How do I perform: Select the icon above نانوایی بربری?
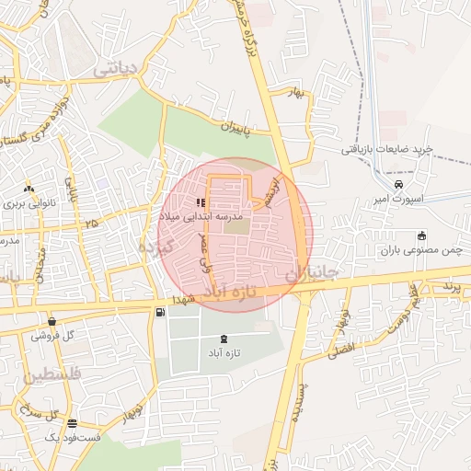tap(29, 187)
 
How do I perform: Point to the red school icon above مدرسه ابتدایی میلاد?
tap(201, 201)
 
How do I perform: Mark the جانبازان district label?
tap(313, 273)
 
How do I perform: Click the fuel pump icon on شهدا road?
tap(161, 313)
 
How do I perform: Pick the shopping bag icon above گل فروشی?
tap(52, 321)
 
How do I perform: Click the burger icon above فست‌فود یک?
tap(73, 423)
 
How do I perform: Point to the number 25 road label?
tap(90, 224)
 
